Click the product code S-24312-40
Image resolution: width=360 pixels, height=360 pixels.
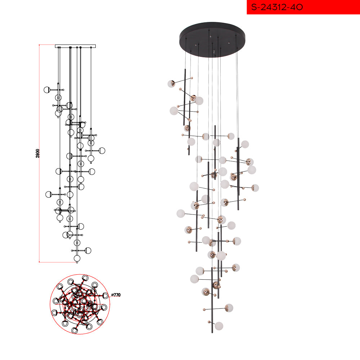(277, 7)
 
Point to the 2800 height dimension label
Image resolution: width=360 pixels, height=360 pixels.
(38, 153)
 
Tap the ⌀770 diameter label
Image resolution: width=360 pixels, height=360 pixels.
(116, 295)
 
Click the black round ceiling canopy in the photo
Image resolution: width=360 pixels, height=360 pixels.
(212, 40)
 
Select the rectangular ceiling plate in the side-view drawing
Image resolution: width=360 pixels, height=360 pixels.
(75, 46)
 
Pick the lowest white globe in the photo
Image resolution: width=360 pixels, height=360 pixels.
(219, 326)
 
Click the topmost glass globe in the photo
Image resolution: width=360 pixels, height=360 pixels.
(171, 84)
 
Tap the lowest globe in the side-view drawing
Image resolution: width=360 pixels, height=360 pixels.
(77, 258)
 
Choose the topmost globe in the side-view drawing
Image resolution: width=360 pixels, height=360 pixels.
(47, 90)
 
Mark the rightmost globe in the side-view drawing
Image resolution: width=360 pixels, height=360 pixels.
(102, 150)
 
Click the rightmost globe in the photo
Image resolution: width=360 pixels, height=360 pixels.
(255, 188)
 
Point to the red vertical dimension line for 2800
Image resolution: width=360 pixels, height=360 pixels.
(39, 153)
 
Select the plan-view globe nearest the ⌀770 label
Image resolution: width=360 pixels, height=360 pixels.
(105, 296)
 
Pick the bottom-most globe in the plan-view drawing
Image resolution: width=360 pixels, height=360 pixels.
(74, 330)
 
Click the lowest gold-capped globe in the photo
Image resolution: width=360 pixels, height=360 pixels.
(229, 308)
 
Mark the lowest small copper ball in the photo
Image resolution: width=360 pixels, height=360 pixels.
(209, 322)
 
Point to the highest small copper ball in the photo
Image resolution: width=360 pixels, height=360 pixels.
(192, 78)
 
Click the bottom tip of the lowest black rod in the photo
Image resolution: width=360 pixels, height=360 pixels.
(212, 333)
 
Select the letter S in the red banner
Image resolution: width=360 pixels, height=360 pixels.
(254, 7)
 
